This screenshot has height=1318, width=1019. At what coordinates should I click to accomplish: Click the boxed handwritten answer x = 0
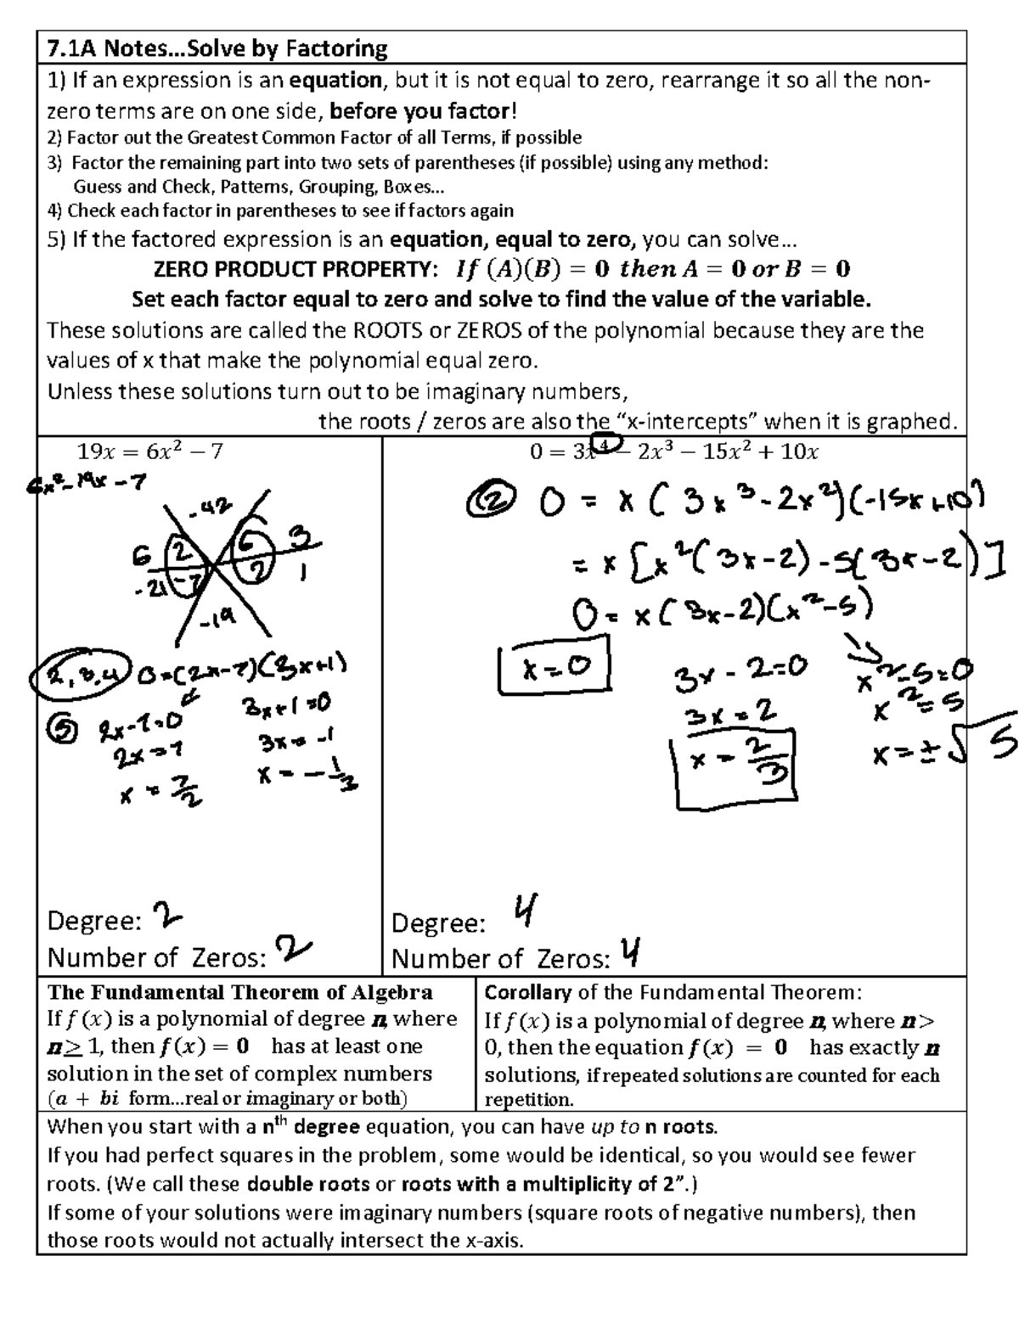554,670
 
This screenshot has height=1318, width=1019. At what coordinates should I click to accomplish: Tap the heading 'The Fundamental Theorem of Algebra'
240,992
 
